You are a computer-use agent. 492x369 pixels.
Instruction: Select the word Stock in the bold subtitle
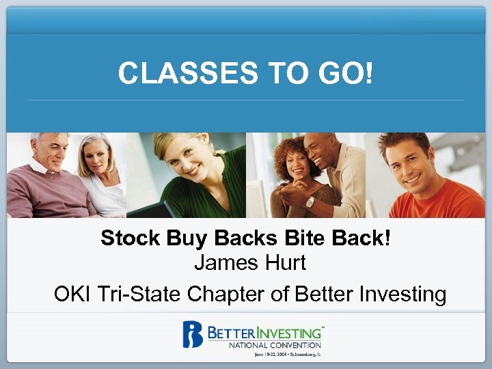(125, 238)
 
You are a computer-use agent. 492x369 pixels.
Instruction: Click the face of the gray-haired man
(51, 155)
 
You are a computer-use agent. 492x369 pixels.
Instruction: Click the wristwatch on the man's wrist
(310, 202)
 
